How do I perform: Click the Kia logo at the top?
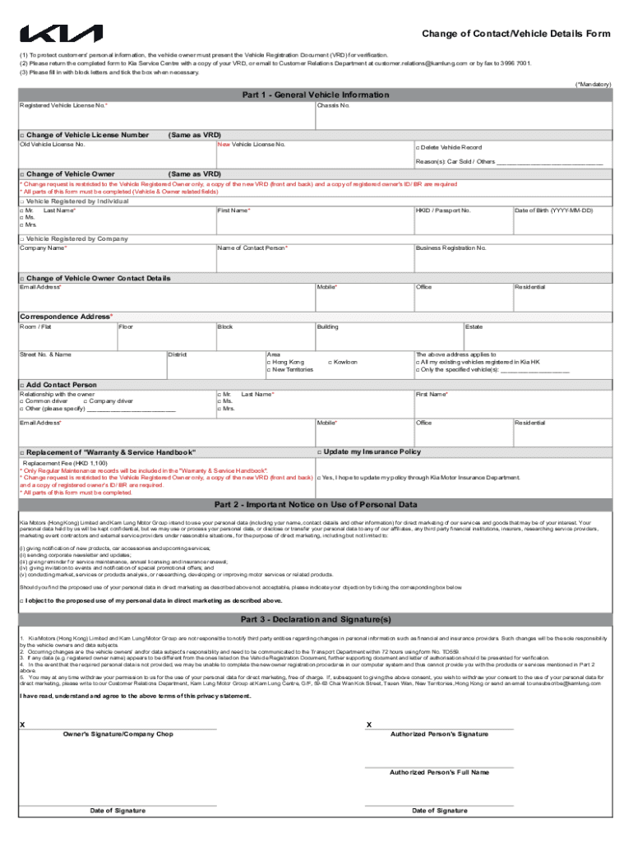pyautogui.click(x=62, y=34)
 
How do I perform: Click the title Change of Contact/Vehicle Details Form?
pyautogui.click(x=516, y=34)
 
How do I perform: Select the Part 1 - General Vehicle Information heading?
pyautogui.click(x=316, y=95)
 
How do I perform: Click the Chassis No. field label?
pyautogui.click(x=334, y=105)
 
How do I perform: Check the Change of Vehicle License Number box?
pyautogui.click(x=22, y=135)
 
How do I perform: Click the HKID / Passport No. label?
pyautogui.click(x=443, y=210)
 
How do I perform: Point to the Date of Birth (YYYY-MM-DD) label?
pyautogui.click(x=553, y=210)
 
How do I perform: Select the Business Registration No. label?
pyautogui.click(x=451, y=248)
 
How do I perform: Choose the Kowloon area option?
pyautogui.click(x=330, y=362)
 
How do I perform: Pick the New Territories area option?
pyautogui.click(x=269, y=370)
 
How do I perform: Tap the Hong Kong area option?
pyautogui.click(x=269, y=362)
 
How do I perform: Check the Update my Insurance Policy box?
pyautogui.click(x=319, y=451)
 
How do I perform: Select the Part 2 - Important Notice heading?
pyautogui.click(x=316, y=504)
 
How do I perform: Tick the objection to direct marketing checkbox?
pyautogui.click(x=21, y=601)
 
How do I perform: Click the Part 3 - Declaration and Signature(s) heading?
pyautogui.click(x=316, y=619)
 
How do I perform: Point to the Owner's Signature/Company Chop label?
pyautogui.click(x=118, y=734)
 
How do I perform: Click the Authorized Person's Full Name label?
pyautogui.click(x=439, y=773)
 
